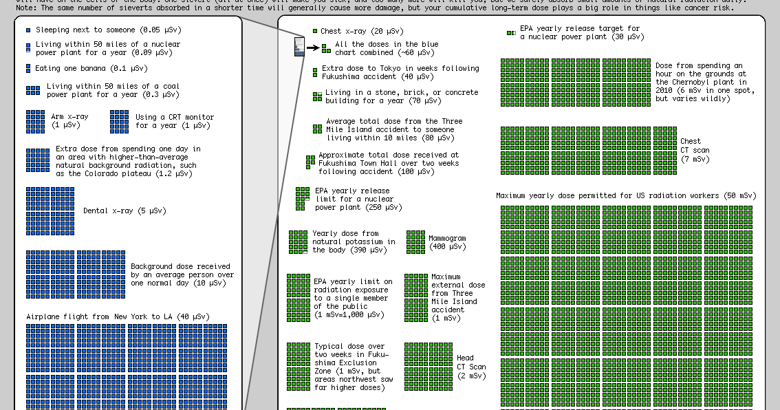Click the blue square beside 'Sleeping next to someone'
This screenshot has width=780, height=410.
click(28, 31)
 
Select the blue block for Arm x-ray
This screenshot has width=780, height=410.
click(36, 122)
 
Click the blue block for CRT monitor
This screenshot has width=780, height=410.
click(119, 122)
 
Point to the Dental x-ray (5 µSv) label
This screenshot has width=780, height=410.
click(124, 211)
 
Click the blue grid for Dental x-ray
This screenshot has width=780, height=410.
click(50, 211)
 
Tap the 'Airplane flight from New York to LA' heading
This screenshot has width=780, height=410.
click(118, 316)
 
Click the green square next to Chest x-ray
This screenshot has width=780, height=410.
click(315, 32)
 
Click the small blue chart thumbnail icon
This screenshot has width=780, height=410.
click(299, 47)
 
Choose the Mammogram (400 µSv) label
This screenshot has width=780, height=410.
click(447, 242)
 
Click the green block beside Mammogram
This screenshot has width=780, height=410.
click(415, 242)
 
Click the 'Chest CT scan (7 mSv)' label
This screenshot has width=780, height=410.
click(695, 150)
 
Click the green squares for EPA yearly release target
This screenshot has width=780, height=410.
click(511, 32)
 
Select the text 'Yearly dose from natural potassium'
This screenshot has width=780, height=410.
click(354, 241)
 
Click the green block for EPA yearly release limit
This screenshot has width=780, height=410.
click(303, 198)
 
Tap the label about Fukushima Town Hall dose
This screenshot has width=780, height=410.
click(388, 164)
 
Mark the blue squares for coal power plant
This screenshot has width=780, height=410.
click(33, 91)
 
